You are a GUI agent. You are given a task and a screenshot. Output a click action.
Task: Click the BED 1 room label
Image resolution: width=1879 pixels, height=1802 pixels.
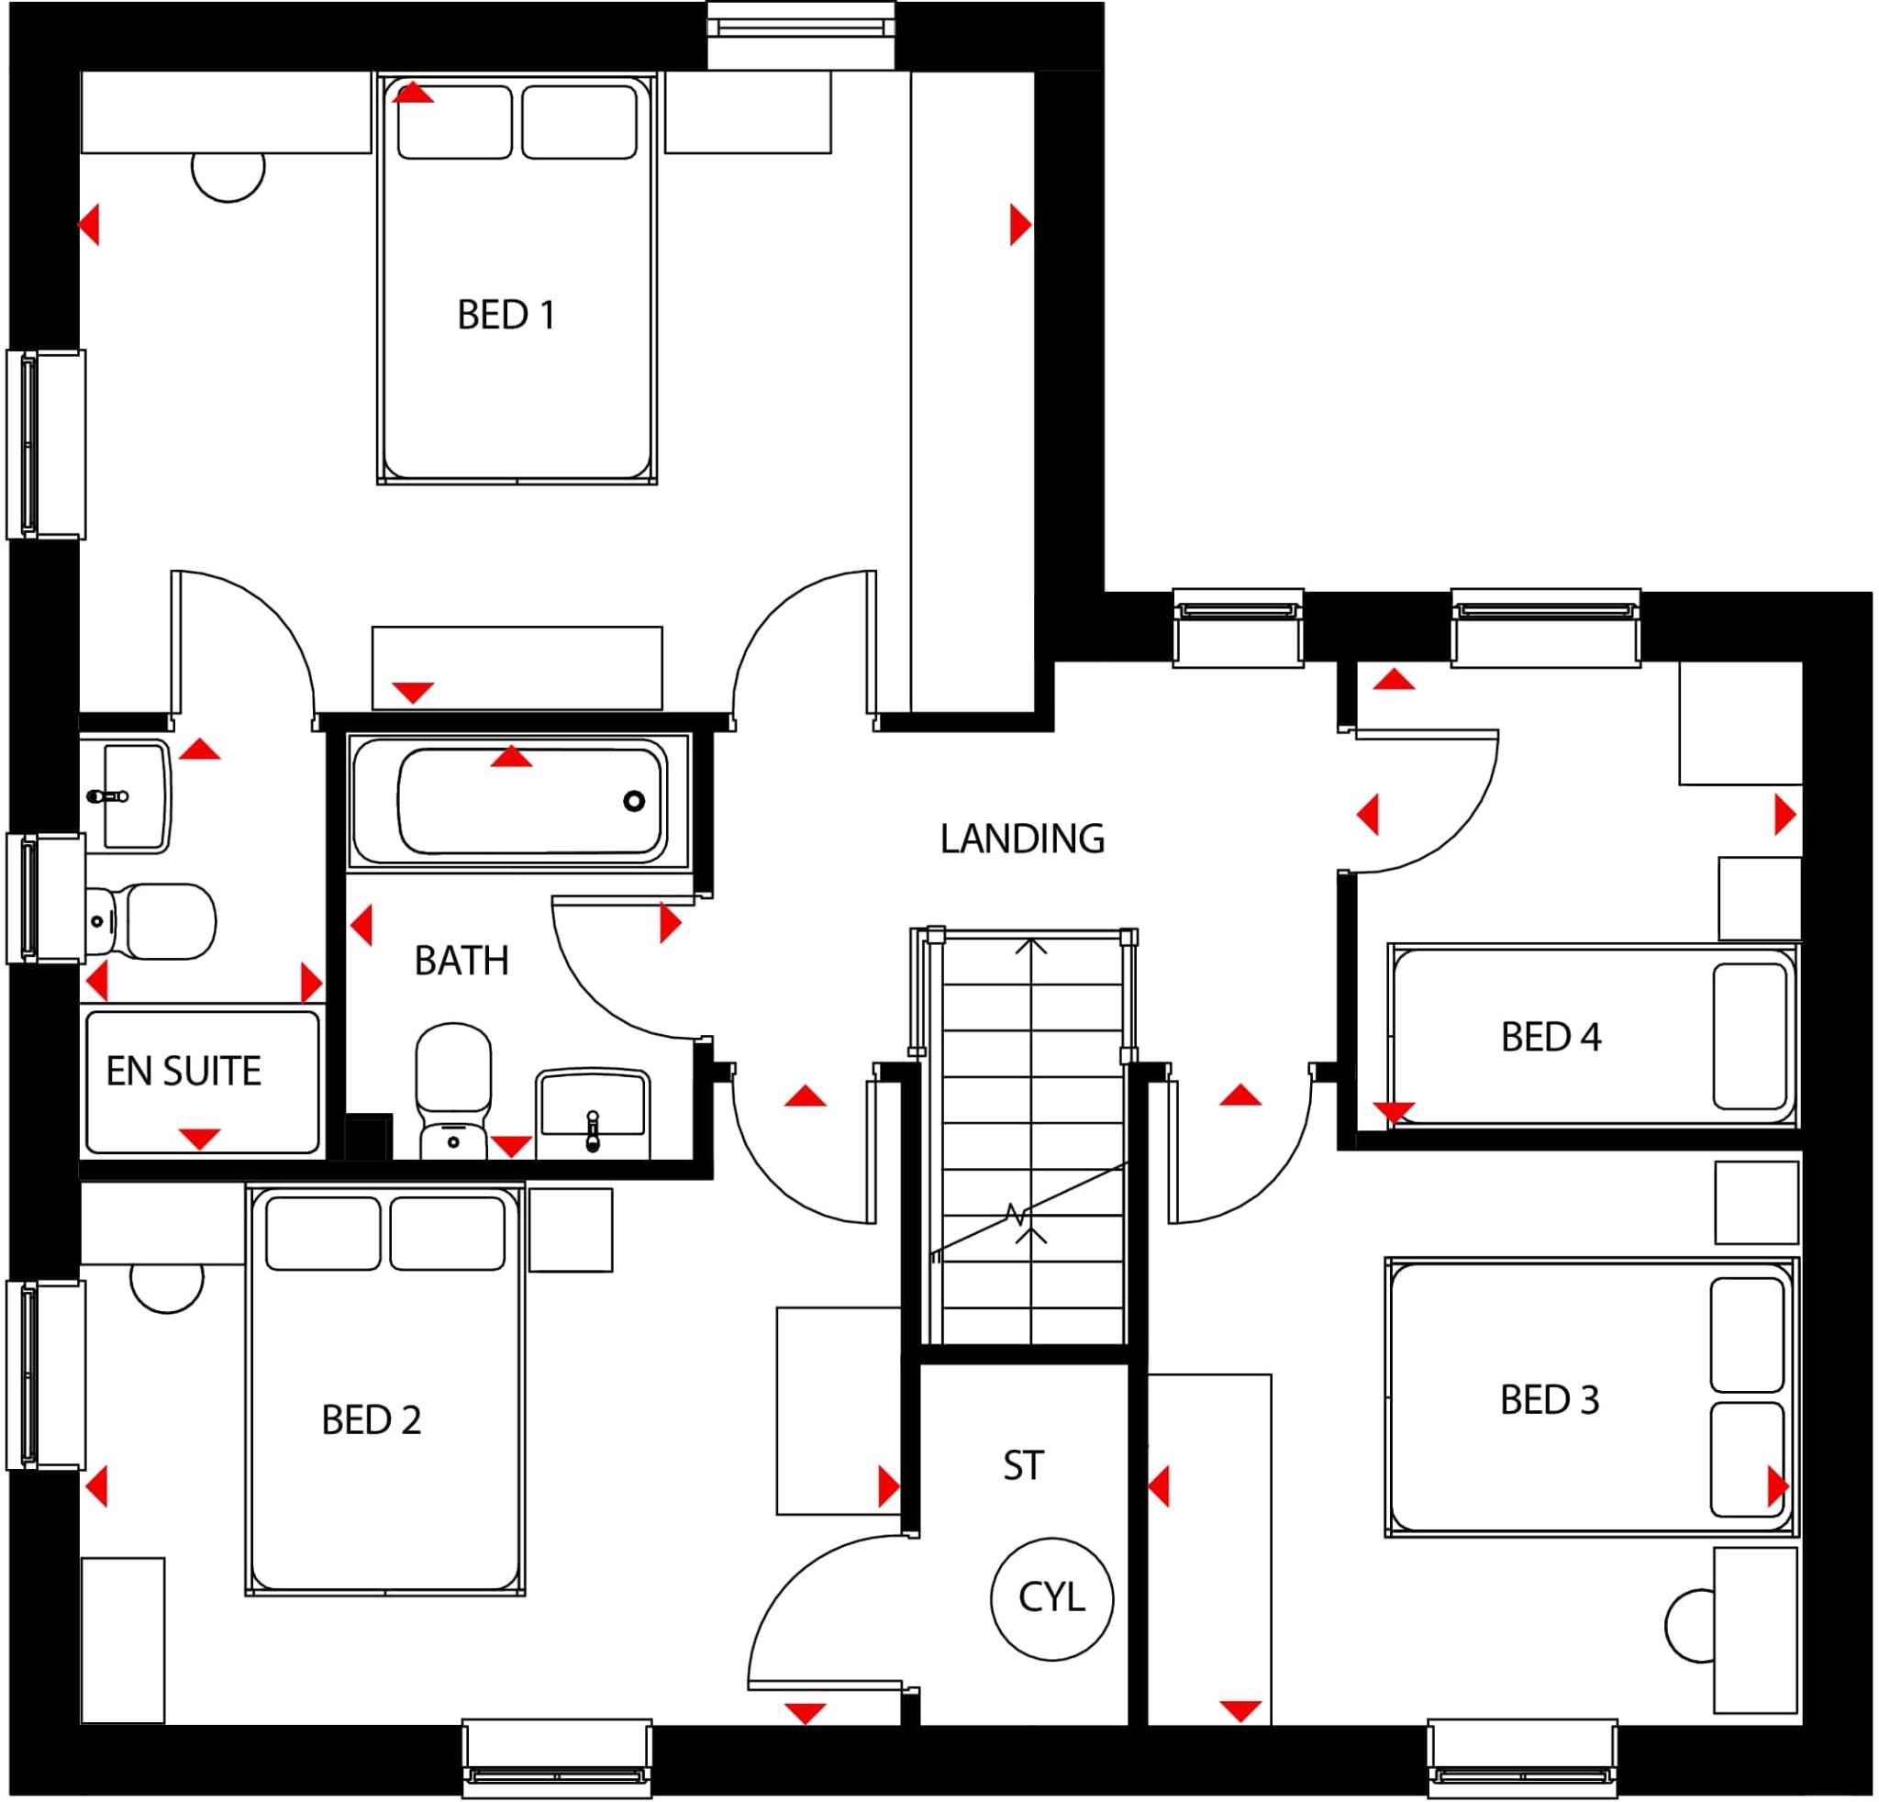[x=506, y=316]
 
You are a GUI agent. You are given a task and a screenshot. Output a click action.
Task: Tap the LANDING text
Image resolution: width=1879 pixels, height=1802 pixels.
[x=1022, y=839]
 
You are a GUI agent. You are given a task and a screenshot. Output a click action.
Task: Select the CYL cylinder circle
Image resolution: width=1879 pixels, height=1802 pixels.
[x=1051, y=1597]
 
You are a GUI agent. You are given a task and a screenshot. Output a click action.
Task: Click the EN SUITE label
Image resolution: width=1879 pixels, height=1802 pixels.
[x=183, y=1071]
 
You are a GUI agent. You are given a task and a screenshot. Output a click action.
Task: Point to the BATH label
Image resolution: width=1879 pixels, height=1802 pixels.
[x=461, y=961]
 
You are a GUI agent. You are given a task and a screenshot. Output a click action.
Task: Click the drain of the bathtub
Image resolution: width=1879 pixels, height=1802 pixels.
[x=634, y=801]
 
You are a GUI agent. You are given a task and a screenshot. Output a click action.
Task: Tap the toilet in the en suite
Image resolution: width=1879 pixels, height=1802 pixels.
[x=153, y=921]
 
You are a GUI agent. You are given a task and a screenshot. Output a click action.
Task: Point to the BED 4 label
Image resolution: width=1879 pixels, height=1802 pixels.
[x=1551, y=1037]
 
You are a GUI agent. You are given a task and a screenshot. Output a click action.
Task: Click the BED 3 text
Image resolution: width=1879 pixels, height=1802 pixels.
[x=1550, y=1400]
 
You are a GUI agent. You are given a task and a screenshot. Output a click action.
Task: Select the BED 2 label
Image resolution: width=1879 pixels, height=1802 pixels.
[x=371, y=1420]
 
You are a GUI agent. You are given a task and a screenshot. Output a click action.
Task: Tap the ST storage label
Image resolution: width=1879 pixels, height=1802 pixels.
[x=1022, y=1465]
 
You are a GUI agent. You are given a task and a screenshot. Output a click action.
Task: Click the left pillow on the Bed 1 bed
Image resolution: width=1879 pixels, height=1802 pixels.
[x=454, y=123]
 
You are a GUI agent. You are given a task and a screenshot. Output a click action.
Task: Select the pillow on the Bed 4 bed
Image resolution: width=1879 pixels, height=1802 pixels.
[x=1751, y=1036]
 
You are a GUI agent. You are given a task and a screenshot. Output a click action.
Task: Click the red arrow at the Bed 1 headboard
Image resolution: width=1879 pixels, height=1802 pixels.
[x=411, y=93]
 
